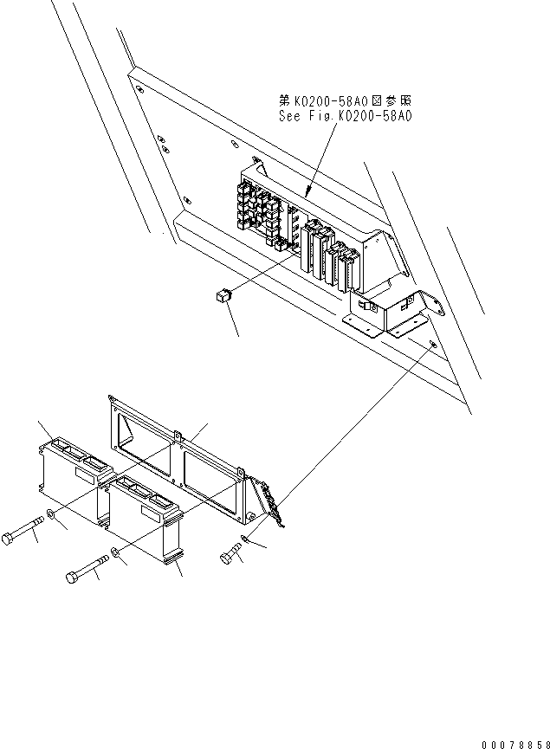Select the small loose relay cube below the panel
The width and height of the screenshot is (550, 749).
tap(221, 297)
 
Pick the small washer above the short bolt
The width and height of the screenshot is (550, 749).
tap(245, 541)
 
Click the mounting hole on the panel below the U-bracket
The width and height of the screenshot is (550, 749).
tap(433, 345)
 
